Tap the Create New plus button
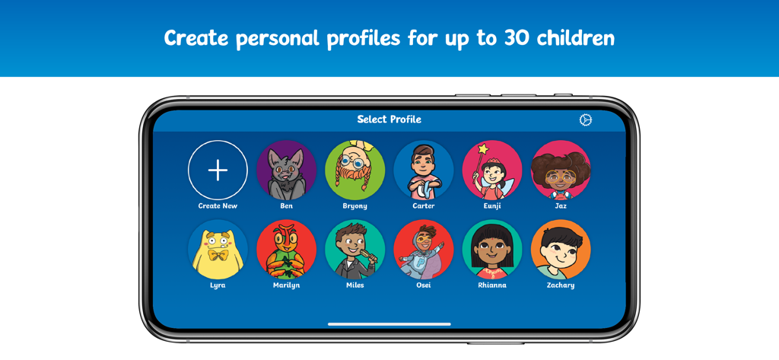[218, 170]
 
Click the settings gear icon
[585, 119]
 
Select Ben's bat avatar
[286, 170]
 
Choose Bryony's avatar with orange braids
[355, 170]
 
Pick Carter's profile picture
[423, 170]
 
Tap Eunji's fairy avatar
[491, 170]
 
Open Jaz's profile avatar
[560, 170]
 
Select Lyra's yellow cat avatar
[218, 250]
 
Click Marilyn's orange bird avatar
[286, 250]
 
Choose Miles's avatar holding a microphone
[355, 250]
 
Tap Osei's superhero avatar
[423, 250]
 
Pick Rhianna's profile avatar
[491, 250]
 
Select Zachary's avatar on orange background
[560, 250]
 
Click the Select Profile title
[389, 119]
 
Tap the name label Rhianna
[491, 285]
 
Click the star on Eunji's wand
[481, 149]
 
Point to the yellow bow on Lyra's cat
[218, 256]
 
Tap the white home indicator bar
[389, 324]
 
